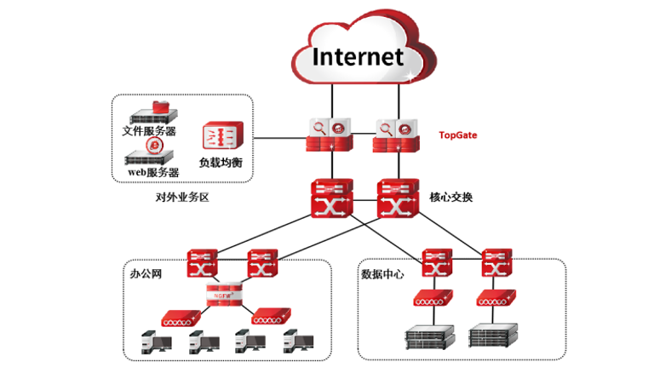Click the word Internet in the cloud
click(357, 56)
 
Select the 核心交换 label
click(452, 197)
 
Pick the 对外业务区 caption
click(182, 198)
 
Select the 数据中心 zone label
click(382, 274)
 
